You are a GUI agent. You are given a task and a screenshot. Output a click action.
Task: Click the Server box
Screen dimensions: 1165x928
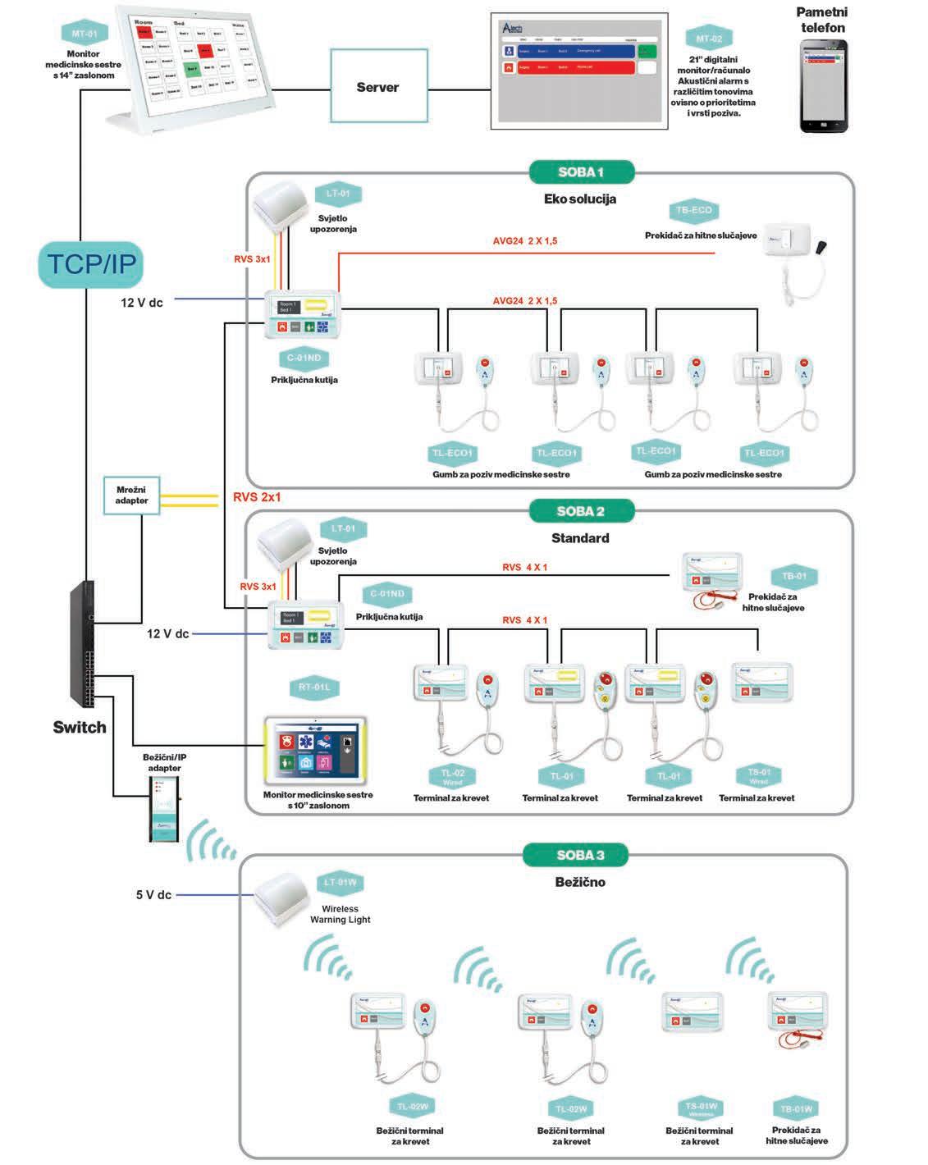click(378, 88)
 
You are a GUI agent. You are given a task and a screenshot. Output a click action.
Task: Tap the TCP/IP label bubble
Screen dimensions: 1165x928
click(89, 264)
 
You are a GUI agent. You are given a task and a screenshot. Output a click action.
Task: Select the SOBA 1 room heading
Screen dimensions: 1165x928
click(581, 172)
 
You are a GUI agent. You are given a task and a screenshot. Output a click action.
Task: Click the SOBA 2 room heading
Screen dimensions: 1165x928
click(581, 511)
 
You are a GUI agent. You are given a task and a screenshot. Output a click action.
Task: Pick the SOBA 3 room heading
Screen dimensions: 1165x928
click(580, 855)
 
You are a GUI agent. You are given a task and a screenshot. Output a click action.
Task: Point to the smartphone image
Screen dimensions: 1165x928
click(824, 86)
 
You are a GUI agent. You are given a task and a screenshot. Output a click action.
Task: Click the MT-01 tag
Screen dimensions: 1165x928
click(85, 34)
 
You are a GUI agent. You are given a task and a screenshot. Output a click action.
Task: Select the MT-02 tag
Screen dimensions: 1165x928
click(709, 39)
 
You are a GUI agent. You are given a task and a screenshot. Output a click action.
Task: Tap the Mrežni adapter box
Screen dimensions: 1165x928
click(131, 496)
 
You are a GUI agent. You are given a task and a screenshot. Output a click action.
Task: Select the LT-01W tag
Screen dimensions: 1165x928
click(341, 883)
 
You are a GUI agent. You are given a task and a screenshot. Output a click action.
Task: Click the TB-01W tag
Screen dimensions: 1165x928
click(796, 1109)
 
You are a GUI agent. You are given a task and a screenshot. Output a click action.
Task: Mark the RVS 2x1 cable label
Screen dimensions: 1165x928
click(257, 497)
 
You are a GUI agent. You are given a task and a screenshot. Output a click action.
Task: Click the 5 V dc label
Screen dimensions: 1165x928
click(153, 895)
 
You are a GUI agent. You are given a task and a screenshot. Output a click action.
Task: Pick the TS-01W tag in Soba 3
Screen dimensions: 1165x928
click(701, 1108)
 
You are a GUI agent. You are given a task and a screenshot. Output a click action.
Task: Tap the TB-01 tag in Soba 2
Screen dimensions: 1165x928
click(794, 576)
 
